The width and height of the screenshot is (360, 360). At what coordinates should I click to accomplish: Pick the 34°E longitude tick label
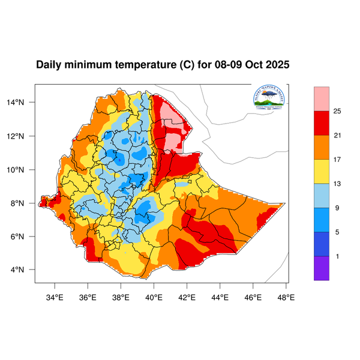tap(55, 296)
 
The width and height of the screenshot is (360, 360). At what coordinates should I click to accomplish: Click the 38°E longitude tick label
tap(121, 296)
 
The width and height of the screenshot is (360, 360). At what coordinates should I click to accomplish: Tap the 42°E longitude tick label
tap(187, 296)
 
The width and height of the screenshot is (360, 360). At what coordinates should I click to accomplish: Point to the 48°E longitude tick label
tap(286, 296)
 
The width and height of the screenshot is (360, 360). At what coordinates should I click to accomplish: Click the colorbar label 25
tap(337, 111)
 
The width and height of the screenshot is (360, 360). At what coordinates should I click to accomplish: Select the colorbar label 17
tap(337, 160)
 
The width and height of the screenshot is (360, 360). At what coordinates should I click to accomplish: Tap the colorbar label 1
tap(337, 256)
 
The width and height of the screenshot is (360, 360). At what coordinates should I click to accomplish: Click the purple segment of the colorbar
tap(322, 268)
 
